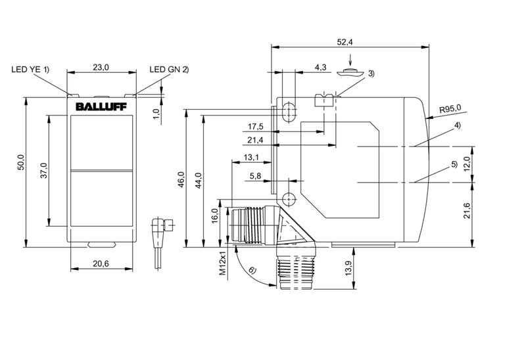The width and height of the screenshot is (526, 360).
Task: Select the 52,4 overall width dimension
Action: (x=345, y=42)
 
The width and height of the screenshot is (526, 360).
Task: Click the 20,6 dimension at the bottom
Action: (x=102, y=263)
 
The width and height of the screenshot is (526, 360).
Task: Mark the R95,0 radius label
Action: (x=450, y=108)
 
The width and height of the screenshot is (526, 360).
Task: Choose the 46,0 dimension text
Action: (x=181, y=179)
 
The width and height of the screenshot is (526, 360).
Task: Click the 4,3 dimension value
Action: (x=321, y=67)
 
